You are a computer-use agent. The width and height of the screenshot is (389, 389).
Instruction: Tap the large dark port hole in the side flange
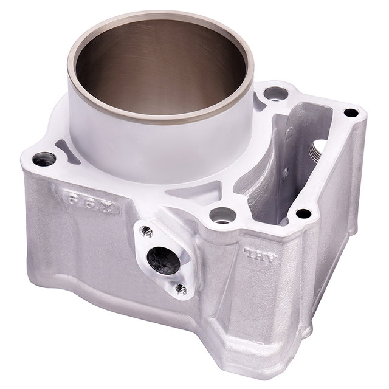(x=164, y=260)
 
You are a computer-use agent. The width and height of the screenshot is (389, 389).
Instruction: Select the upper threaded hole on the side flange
(x=146, y=231)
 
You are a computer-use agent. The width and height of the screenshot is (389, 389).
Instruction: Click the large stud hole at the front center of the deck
(x=222, y=215)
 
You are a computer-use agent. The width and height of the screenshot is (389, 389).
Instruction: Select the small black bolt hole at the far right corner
(x=351, y=112)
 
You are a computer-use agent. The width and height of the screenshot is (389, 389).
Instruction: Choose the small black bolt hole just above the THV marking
(x=303, y=213)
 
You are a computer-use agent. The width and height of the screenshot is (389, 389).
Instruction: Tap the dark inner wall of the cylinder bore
(x=158, y=67)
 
